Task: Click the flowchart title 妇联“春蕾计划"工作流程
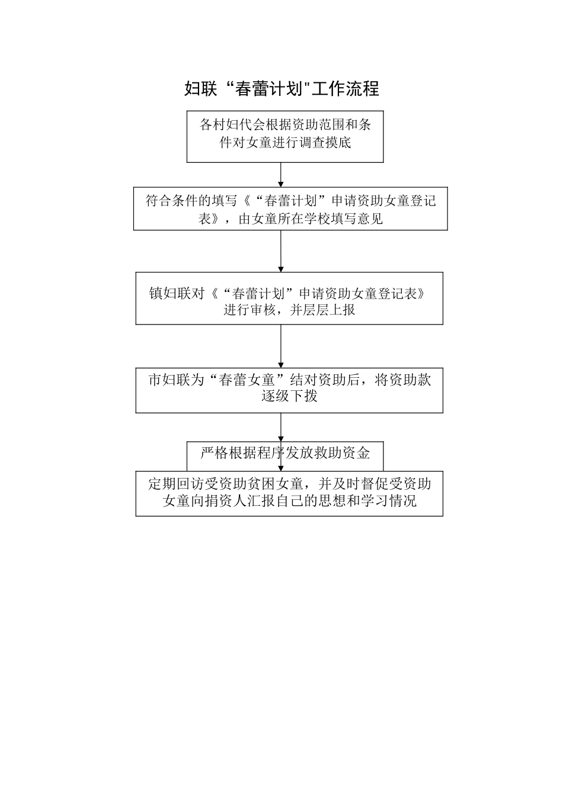coord(281,89)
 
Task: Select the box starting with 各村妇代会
coord(285,136)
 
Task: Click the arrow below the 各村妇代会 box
coord(281,175)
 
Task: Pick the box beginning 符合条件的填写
coord(290,209)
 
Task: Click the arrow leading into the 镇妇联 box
coord(281,251)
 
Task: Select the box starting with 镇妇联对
coord(289,298)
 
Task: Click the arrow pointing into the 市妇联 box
coord(281,346)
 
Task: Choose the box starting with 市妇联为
coord(289,390)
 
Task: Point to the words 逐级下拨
coord(289,396)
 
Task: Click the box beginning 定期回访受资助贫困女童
coord(289,493)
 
